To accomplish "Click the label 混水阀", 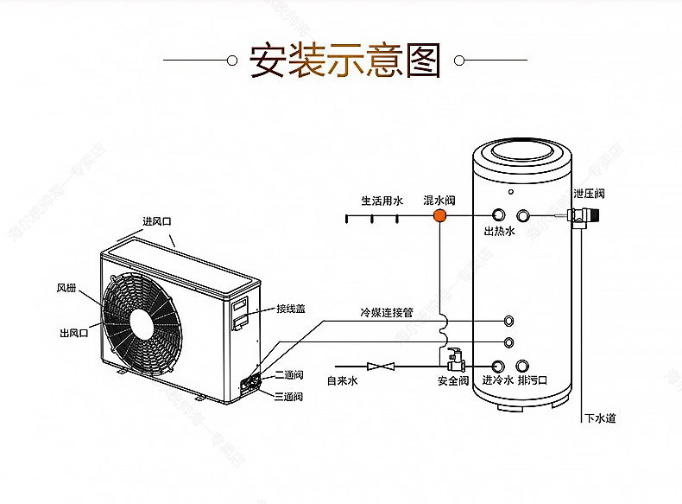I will pyautogui.click(x=439, y=200).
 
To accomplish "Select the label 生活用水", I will pyautogui.click(x=382, y=200).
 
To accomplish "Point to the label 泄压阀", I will pyautogui.click(x=589, y=194).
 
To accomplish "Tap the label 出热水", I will pyautogui.click(x=499, y=232).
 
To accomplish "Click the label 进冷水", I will pyautogui.click(x=497, y=380).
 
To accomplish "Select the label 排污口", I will pyautogui.click(x=534, y=380).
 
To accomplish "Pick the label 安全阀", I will pyautogui.click(x=452, y=380).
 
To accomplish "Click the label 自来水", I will pyautogui.click(x=342, y=380).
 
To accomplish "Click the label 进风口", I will pyautogui.click(x=157, y=221).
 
